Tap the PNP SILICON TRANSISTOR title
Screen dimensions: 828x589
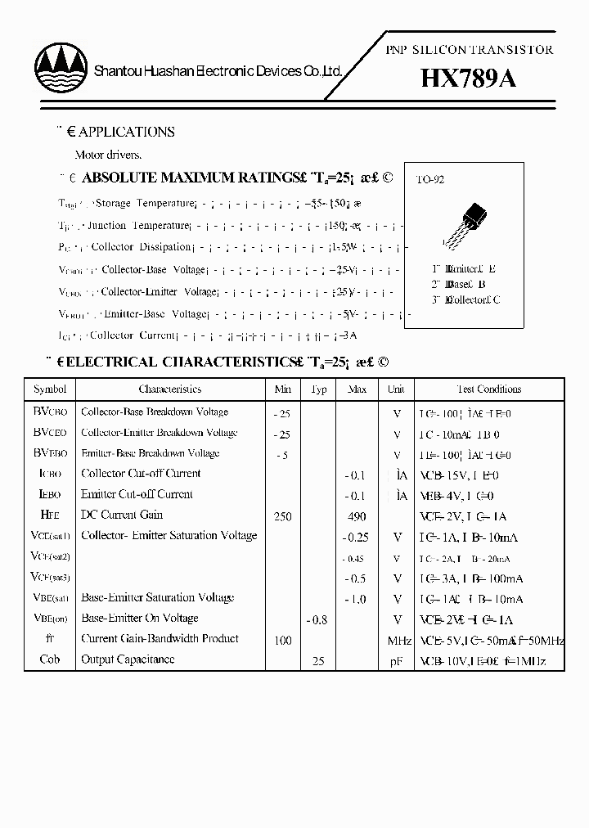tap(469, 50)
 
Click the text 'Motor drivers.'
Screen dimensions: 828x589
tap(108, 155)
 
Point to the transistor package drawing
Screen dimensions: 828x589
tap(467, 220)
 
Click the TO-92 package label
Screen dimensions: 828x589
tap(430, 180)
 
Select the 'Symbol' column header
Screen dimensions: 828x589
tap(50, 389)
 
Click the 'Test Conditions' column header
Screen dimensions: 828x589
tap(488, 389)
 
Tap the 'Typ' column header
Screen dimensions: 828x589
tap(319, 389)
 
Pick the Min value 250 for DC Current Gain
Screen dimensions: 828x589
tap(283, 516)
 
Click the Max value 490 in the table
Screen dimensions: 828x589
tap(357, 516)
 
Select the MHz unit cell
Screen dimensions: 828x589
tap(398, 641)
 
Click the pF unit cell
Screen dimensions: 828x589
tap(398, 660)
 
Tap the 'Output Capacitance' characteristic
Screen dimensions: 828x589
tap(128, 659)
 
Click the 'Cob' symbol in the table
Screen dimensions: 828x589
tap(50, 659)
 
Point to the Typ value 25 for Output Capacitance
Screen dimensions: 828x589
tap(319, 660)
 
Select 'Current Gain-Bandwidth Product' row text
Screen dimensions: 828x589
tap(160, 639)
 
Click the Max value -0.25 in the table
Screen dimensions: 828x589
tap(356, 538)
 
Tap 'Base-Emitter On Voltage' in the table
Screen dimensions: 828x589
tap(139, 619)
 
